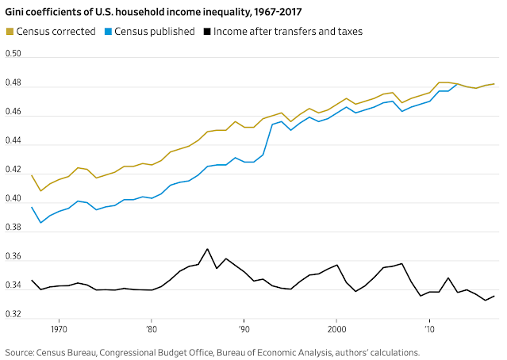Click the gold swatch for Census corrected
coord(10,31)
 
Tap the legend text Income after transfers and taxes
coord(288,31)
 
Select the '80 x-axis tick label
coord(152,327)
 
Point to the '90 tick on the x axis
coord(244,327)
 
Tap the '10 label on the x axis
coord(430,327)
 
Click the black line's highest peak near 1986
coord(208,249)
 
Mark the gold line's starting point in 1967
coord(32,175)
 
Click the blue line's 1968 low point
coord(41,223)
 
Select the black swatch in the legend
coord(208,31)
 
